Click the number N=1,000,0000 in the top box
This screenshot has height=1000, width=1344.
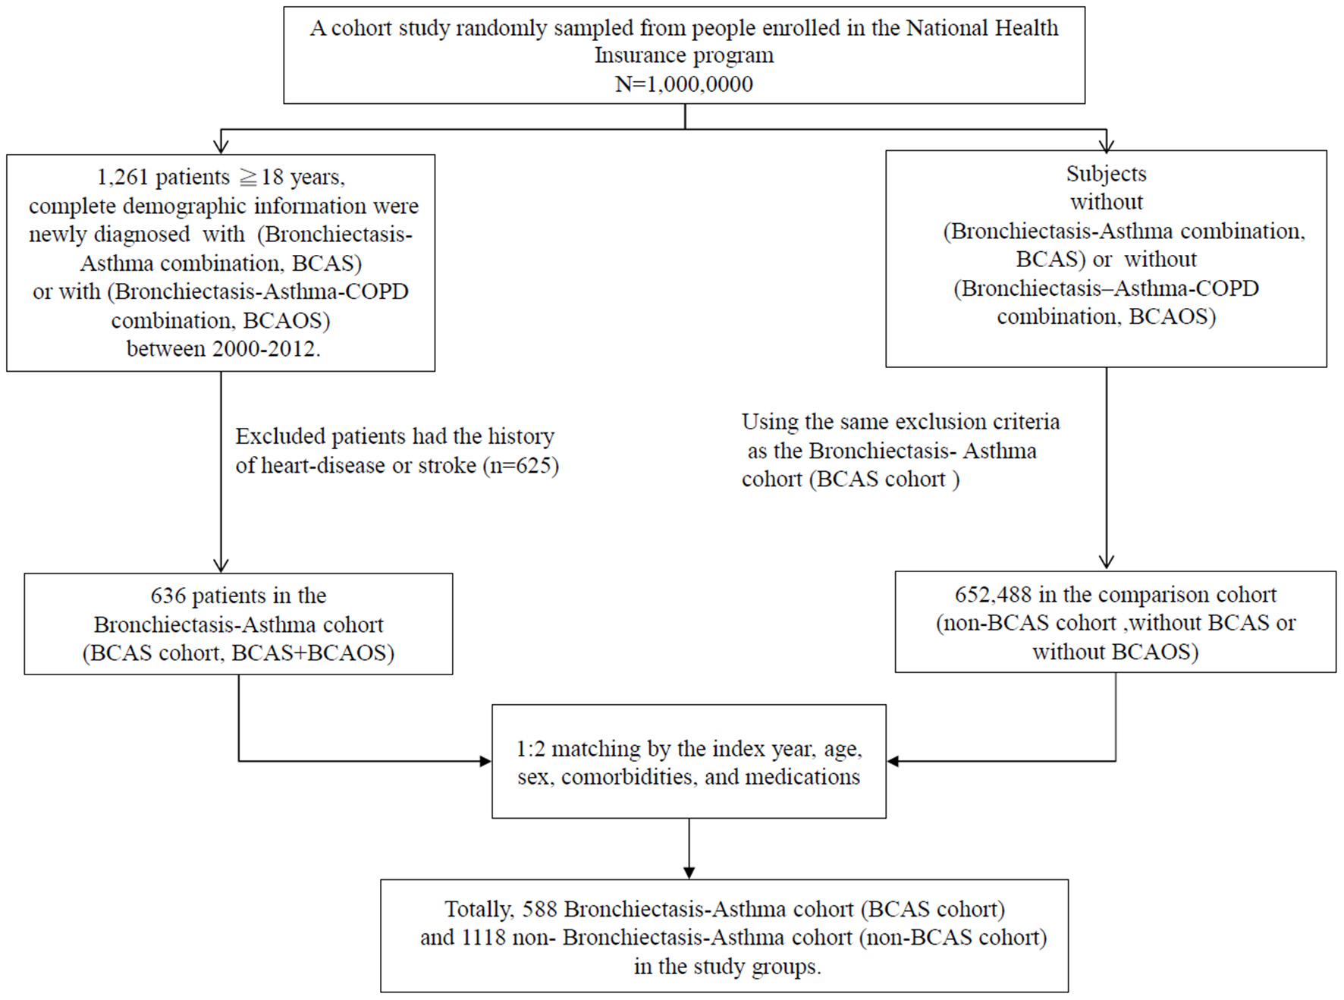683,83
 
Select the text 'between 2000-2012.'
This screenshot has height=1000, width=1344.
223,349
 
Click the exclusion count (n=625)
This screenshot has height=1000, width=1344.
520,465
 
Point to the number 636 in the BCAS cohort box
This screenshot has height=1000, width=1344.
168,596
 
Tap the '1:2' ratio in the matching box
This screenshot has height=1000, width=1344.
530,749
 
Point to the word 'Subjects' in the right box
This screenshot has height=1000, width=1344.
1106,174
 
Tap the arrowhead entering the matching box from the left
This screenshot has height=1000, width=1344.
485,760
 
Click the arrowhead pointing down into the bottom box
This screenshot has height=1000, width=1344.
689,872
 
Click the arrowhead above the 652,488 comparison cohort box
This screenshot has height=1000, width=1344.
1106,561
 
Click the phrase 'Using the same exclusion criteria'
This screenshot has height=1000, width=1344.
900,422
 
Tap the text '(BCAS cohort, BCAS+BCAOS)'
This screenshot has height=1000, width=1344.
238,653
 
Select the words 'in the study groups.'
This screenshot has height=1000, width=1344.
727,967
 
